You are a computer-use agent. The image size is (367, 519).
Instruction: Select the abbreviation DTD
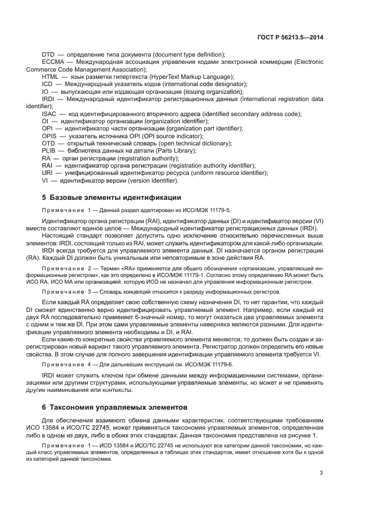point(48,54)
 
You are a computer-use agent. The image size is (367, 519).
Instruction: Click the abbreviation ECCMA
point(53,62)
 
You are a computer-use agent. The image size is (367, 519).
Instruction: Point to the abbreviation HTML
point(51,77)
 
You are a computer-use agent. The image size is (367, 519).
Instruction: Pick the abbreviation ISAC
point(49,114)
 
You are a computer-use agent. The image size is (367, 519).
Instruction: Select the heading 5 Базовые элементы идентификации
point(111,198)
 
